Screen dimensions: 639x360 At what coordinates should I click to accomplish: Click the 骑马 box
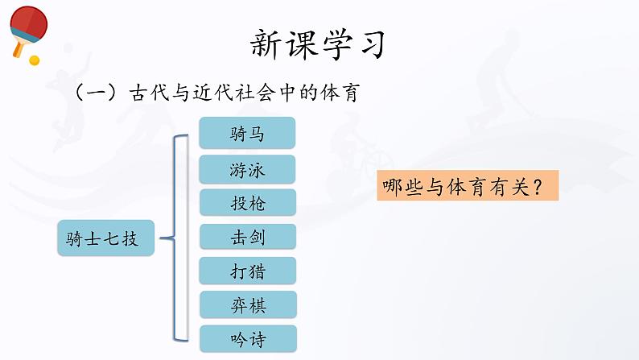pos(247,133)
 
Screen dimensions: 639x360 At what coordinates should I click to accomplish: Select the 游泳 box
pos(247,170)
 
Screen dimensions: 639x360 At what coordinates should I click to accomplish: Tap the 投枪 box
pos(247,203)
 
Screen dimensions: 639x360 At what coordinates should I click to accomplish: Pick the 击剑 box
pos(247,237)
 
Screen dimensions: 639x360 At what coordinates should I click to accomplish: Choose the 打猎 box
pos(247,271)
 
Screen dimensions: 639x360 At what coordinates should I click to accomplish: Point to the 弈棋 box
pos(248,305)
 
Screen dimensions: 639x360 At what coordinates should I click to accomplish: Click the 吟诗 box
pos(248,339)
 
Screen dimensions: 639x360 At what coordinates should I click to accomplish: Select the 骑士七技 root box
pos(106,238)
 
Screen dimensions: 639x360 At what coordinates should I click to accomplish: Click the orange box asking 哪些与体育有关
pos(468,186)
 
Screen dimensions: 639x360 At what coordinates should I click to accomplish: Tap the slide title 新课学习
pos(317,44)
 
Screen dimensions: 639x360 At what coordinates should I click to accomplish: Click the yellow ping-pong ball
pos(35,60)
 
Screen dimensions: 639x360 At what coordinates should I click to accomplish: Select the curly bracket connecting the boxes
pos(175,238)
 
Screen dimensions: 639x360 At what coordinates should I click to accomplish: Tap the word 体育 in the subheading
pos(340,93)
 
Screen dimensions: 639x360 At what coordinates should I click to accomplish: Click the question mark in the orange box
pos(538,187)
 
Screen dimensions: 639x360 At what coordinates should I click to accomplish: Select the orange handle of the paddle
pos(18,48)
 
